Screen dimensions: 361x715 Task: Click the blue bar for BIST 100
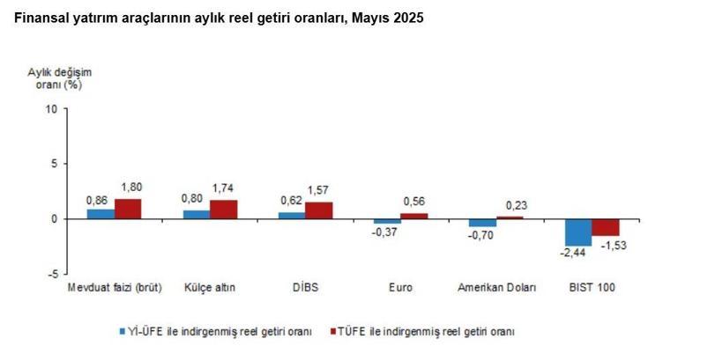click(x=578, y=232)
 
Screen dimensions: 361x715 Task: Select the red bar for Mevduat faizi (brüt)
click(x=128, y=209)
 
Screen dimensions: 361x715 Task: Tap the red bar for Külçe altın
click(x=223, y=210)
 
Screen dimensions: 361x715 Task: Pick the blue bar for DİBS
click(x=292, y=215)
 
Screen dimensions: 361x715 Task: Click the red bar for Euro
click(x=414, y=216)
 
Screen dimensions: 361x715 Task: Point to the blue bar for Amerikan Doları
click(x=482, y=223)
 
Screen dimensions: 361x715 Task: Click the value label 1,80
click(x=131, y=187)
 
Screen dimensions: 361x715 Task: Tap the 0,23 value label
click(x=510, y=205)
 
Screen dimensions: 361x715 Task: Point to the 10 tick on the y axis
click(x=50, y=110)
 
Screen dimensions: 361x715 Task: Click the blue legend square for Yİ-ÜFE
click(x=123, y=331)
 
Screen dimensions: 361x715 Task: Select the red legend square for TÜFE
click(x=333, y=331)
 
